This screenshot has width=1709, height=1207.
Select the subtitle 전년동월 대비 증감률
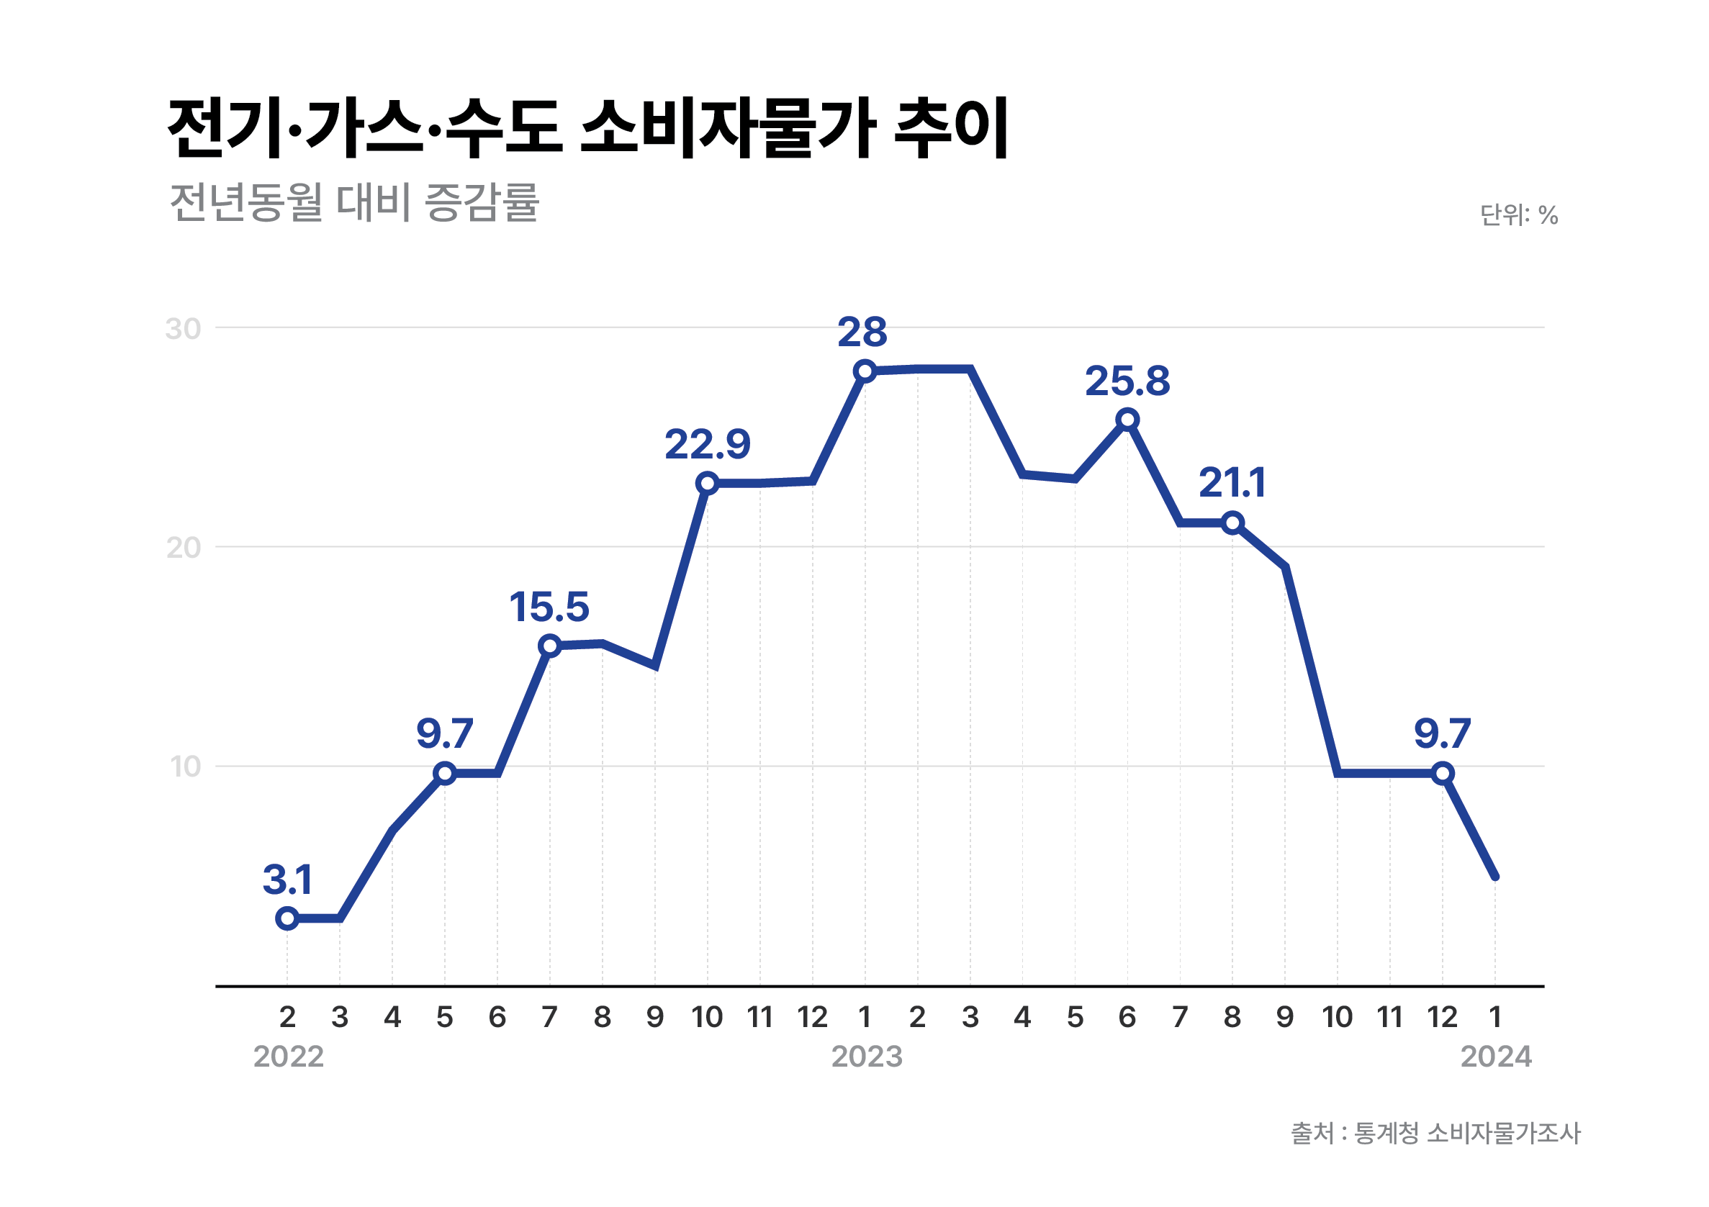(x=354, y=202)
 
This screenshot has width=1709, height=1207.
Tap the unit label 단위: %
(x=1518, y=215)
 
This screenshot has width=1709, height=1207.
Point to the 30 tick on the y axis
(x=183, y=329)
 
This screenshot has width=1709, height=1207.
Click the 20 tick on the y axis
(x=183, y=548)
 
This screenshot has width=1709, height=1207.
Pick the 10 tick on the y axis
(x=185, y=767)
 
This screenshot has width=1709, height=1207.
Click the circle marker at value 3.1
(x=287, y=918)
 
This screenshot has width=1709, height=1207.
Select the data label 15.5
(x=549, y=607)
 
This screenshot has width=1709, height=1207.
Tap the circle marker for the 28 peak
(x=865, y=371)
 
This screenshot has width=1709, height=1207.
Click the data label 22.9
(x=707, y=445)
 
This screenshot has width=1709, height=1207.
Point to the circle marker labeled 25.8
(x=1127, y=420)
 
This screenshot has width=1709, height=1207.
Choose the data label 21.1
(x=1232, y=483)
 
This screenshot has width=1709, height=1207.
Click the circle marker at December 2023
(x=1443, y=773)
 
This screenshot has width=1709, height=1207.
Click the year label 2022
(x=288, y=1057)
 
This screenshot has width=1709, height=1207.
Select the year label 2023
(x=867, y=1057)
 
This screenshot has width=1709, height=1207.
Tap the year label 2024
(x=1495, y=1057)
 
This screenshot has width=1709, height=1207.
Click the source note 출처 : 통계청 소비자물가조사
(x=1435, y=1134)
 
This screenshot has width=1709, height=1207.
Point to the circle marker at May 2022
(x=444, y=773)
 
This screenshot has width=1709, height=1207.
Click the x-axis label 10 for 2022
(x=706, y=1017)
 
